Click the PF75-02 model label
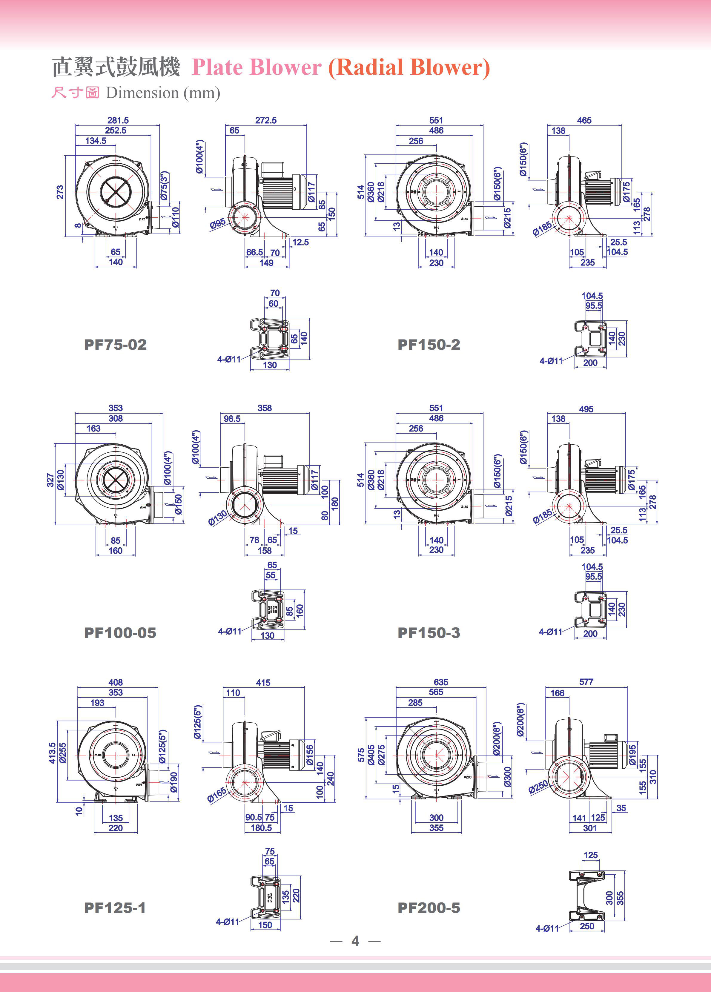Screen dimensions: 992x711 click(x=116, y=345)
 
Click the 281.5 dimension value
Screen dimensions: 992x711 click(x=118, y=120)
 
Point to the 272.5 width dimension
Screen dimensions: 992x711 click(x=265, y=120)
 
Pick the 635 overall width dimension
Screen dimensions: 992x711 click(x=440, y=682)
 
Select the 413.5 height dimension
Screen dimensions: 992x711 click(x=52, y=753)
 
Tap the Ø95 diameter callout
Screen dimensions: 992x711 click(x=217, y=223)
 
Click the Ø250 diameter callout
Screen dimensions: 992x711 click(x=538, y=787)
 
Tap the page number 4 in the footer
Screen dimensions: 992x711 click(x=355, y=941)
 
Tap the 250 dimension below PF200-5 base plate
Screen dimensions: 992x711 click(x=586, y=926)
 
